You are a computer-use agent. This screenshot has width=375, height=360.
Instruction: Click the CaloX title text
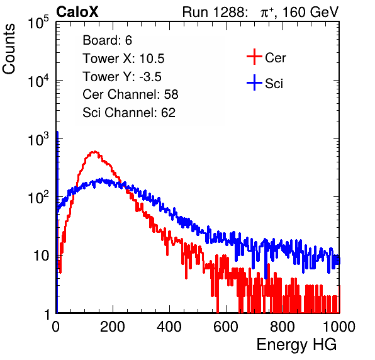(77, 12)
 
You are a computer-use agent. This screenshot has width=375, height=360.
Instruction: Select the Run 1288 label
(215, 12)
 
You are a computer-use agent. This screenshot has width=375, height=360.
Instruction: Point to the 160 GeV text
(310, 12)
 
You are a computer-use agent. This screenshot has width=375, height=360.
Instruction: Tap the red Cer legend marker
(254, 57)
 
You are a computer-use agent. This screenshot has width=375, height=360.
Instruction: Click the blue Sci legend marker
(254, 82)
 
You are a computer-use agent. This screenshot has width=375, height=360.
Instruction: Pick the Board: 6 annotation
(108, 40)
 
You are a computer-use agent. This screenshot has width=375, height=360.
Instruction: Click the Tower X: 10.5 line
(123, 59)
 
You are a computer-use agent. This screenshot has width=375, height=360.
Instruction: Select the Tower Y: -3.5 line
(122, 77)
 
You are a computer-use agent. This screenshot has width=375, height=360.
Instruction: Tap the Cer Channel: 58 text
(130, 94)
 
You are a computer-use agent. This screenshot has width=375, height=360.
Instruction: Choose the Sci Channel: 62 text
(129, 113)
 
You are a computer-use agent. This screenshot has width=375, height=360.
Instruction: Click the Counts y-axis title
(9, 49)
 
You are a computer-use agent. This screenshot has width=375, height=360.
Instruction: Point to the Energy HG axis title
(296, 344)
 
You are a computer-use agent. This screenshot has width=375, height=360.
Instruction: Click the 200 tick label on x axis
(113, 327)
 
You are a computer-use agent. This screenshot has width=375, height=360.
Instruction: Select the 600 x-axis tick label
(226, 327)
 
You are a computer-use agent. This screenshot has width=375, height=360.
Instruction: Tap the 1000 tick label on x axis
(339, 327)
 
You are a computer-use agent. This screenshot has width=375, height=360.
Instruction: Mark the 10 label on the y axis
(42, 256)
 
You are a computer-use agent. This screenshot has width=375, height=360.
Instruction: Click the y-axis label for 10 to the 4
(38, 80)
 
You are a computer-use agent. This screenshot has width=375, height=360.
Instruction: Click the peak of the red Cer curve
(95, 152)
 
